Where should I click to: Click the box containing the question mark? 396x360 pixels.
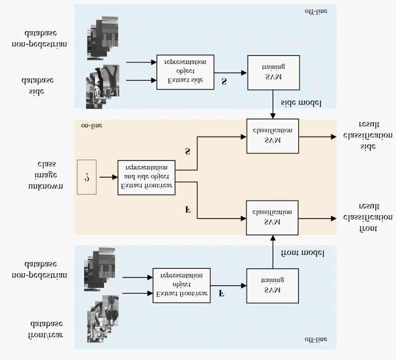[87, 176]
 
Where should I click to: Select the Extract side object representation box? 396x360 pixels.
[185, 72]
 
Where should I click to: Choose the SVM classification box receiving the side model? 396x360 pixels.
[272, 136]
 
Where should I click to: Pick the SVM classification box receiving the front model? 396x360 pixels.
[272, 217]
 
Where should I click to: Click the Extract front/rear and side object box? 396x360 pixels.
[146, 177]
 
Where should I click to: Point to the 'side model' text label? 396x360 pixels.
[301, 102]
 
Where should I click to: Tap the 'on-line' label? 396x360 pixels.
[92, 126]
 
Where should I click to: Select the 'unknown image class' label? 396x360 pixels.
[46, 175]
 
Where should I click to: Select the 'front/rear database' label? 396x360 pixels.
[46, 329]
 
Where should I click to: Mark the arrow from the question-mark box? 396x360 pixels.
[107, 177]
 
